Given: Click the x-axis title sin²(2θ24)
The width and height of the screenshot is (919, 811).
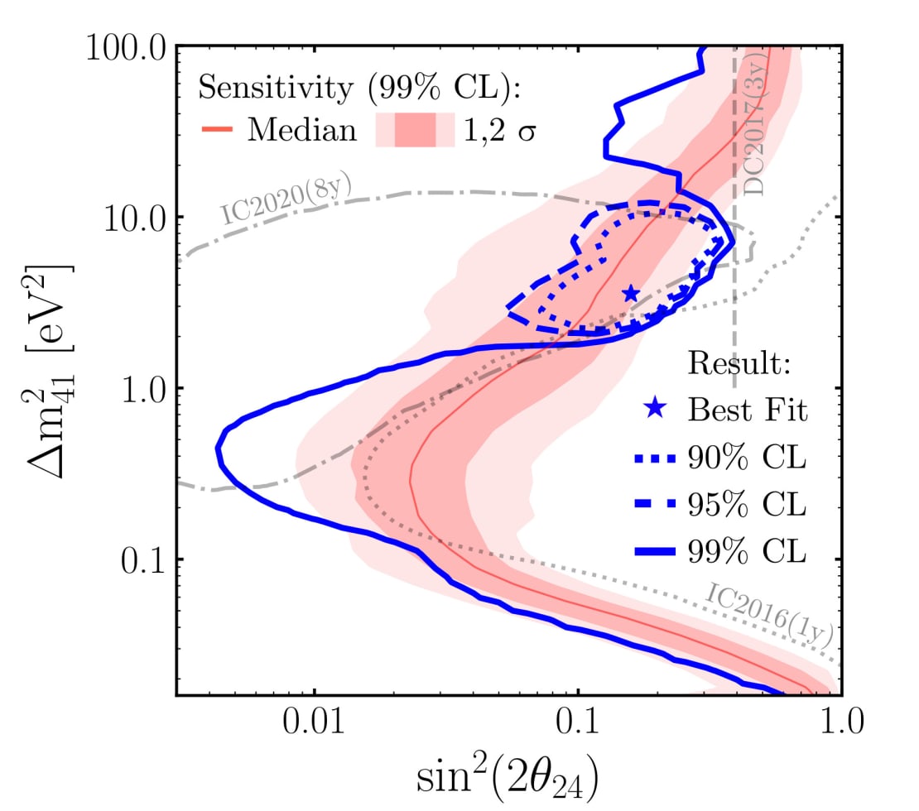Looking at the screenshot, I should (x=507, y=777).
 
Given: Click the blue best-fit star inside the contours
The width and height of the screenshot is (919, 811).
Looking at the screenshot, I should (x=631, y=294).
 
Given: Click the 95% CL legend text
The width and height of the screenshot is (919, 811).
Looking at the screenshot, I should (x=746, y=504).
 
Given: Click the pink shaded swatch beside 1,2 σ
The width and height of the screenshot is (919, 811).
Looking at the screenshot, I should (x=415, y=131).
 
